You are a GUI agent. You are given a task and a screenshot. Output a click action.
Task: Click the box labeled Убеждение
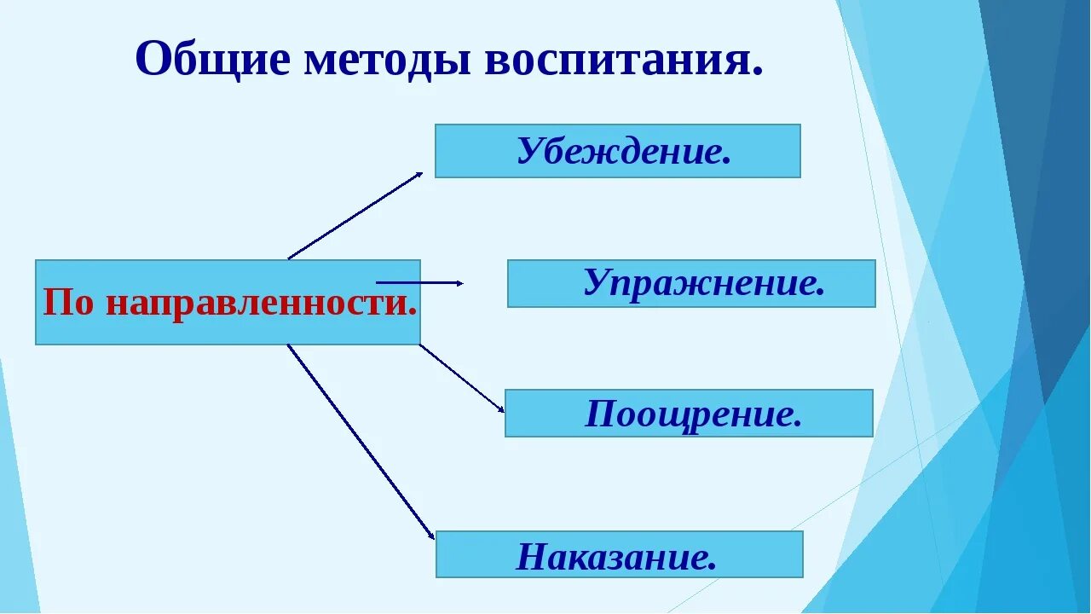click(x=617, y=151)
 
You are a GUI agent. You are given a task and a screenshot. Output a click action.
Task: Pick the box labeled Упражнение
click(x=691, y=283)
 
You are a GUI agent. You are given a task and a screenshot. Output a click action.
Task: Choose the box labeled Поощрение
click(x=689, y=414)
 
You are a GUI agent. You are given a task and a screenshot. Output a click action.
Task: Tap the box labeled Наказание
click(x=619, y=554)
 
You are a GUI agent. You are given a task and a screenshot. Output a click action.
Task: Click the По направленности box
click(x=228, y=302)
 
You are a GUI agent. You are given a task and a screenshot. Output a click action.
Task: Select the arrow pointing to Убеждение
click(x=354, y=216)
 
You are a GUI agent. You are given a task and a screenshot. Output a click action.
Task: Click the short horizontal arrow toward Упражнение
click(x=418, y=282)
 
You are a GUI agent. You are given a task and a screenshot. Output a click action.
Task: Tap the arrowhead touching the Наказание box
click(x=431, y=536)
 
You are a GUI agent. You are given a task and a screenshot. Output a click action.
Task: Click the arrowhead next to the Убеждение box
click(x=419, y=175)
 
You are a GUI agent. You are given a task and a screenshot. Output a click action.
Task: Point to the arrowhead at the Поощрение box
click(x=501, y=409)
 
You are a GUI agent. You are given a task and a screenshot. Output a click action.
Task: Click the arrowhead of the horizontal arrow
click(x=459, y=282)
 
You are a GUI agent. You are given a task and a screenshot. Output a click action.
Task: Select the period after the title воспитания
click(x=757, y=73)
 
